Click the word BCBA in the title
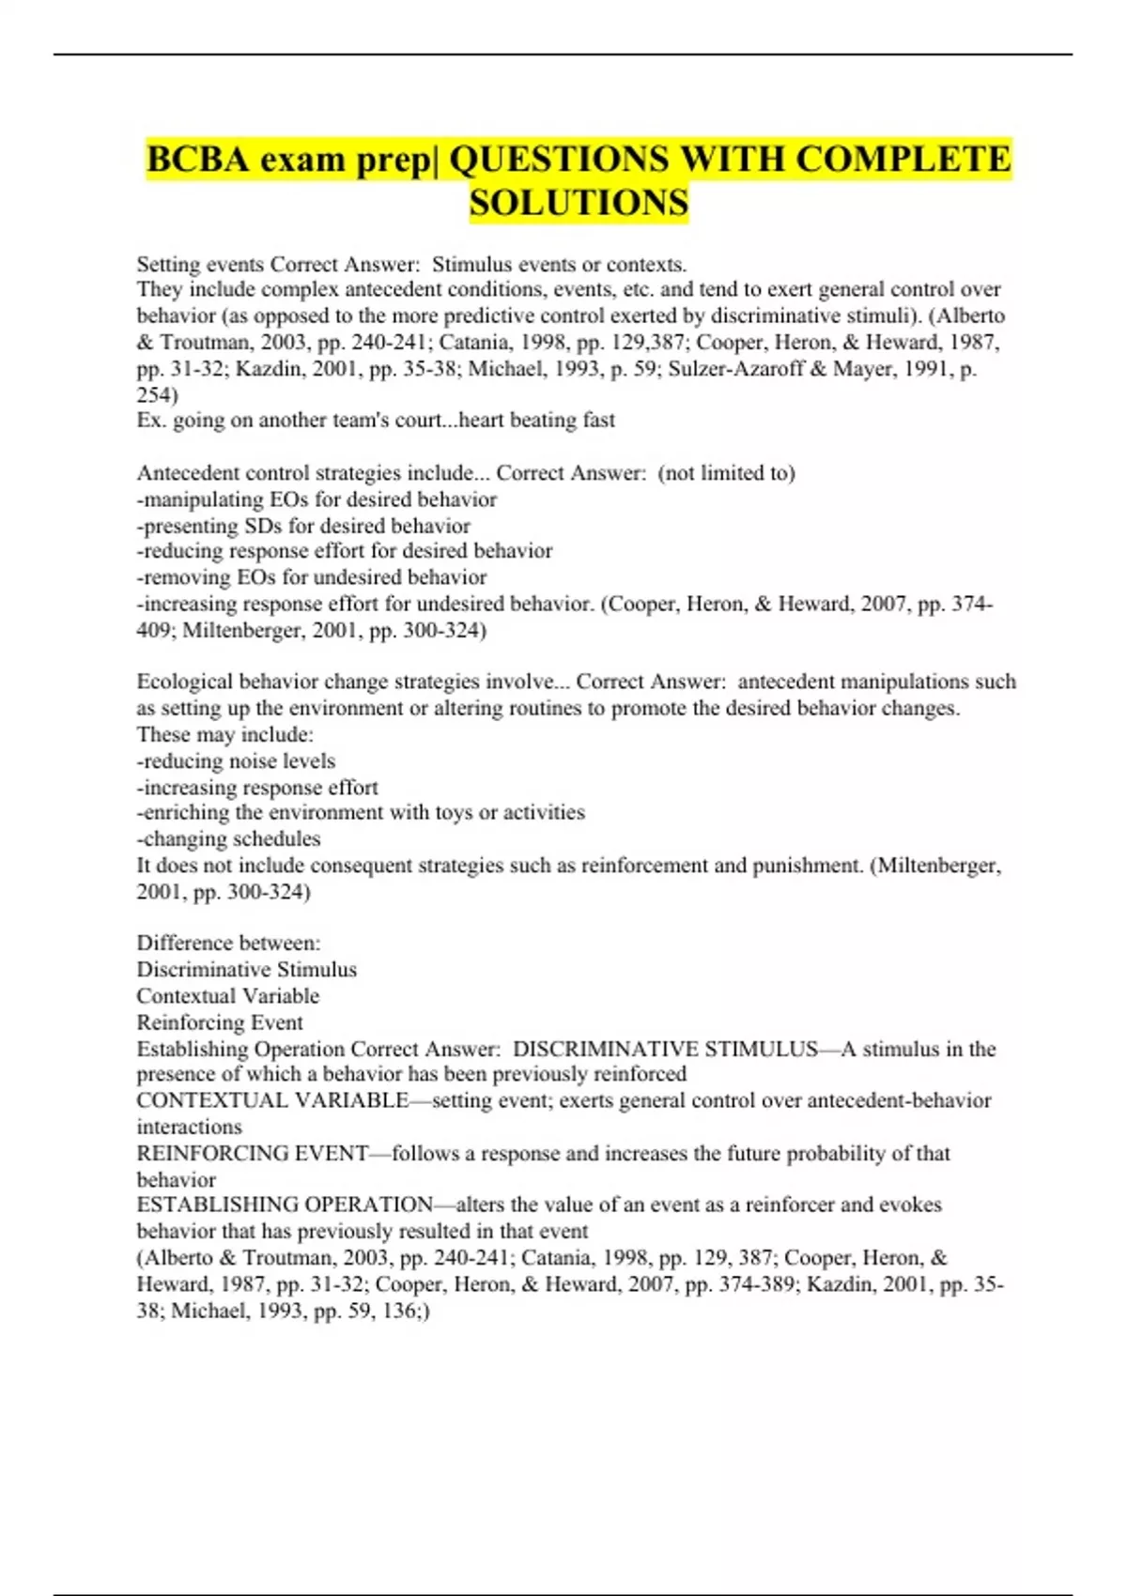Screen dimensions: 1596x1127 coord(198,160)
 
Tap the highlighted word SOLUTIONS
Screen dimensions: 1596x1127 coord(579,203)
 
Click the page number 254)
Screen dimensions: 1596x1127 coord(157,394)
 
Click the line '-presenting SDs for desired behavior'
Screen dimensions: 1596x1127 coord(303,525)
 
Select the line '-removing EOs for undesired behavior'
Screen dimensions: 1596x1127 coord(311,577)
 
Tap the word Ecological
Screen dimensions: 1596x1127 coord(184,682)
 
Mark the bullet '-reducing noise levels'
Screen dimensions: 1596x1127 coord(236,760)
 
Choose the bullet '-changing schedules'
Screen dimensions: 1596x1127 coord(228,838)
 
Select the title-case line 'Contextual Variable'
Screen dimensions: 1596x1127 coord(227,995)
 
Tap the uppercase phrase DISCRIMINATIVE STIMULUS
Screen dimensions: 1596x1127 coord(665,1049)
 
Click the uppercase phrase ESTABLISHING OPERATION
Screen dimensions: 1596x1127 coord(286,1205)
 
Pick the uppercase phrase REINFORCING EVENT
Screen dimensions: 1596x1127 coord(252,1153)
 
